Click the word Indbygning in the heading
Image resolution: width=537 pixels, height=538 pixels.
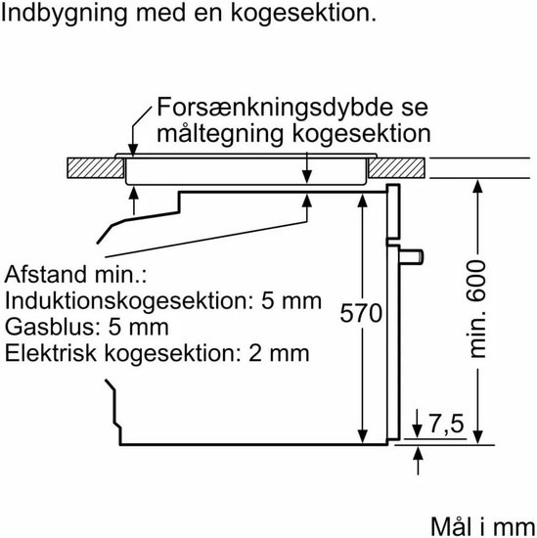click(x=64, y=14)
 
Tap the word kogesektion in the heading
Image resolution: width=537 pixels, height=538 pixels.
click(x=303, y=13)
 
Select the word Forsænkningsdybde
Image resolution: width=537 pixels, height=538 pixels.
click(x=275, y=108)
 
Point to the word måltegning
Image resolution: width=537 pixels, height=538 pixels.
click(x=220, y=134)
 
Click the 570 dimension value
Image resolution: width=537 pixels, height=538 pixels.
click(x=361, y=313)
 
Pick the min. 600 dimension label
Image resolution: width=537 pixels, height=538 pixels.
click(x=477, y=309)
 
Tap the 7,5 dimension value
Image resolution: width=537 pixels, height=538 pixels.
click(x=446, y=425)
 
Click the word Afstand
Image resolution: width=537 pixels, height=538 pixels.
click(x=46, y=275)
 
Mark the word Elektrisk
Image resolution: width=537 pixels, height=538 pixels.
click(x=51, y=353)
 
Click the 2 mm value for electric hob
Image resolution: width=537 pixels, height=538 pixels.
click(x=279, y=353)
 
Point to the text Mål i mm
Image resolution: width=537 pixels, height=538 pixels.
click(x=482, y=526)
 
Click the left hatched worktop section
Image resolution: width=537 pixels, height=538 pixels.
click(x=96, y=168)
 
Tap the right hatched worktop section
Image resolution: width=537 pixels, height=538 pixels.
click(x=396, y=168)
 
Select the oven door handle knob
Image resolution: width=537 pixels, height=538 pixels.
click(x=411, y=256)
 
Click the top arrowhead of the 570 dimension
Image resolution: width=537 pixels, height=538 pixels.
click(x=362, y=200)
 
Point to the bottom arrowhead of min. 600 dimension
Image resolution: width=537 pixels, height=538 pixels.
click(x=477, y=438)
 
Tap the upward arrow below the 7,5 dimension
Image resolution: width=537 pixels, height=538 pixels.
click(x=418, y=461)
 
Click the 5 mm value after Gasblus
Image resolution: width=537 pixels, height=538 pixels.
click(x=138, y=328)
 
